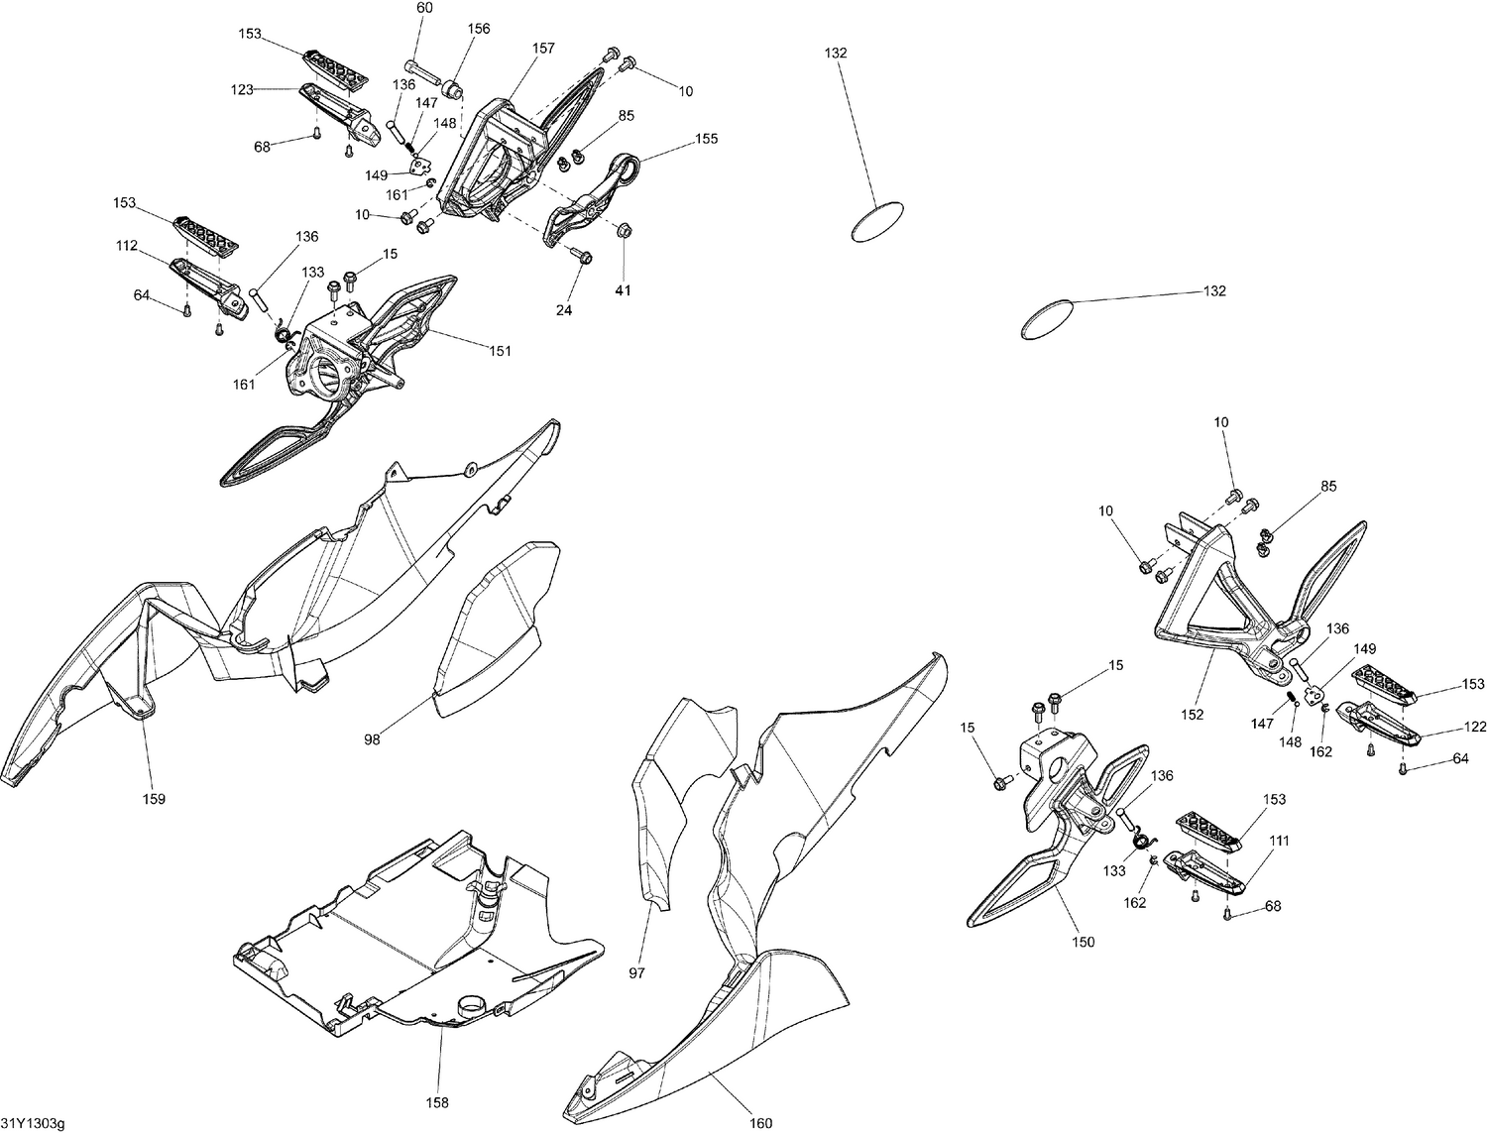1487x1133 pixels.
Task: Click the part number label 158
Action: [x=437, y=1102]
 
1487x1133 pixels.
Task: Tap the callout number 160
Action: [x=760, y=1123]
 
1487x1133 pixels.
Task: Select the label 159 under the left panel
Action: [x=154, y=799]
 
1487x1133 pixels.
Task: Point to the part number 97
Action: [x=636, y=973]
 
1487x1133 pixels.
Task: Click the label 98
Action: [x=372, y=739]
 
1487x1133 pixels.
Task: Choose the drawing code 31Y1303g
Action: [x=32, y=1122]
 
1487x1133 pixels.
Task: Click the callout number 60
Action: [x=424, y=8]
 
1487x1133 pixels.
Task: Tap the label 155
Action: [x=706, y=139]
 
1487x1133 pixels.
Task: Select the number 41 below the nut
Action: [x=623, y=290]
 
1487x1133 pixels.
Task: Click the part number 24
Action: [x=563, y=310]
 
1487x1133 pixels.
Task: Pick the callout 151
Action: [x=501, y=351]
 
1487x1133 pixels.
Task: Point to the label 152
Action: [x=1192, y=714]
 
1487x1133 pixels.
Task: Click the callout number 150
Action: [x=1084, y=942]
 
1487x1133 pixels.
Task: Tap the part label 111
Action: [x=1279, y=841]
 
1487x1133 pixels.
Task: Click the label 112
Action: [x=126, y=247]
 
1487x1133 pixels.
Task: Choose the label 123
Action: [x=242, y=89]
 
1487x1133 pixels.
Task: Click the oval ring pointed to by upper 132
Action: [x=877, y=222]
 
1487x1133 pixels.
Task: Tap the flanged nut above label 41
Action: [x=625, y=232]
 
